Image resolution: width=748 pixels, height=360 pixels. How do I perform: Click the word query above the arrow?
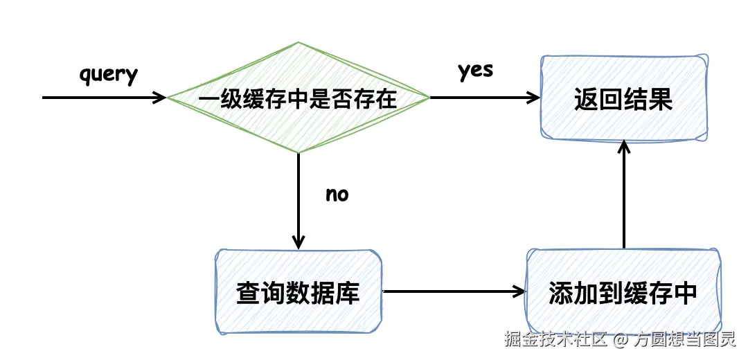tap(109, 74)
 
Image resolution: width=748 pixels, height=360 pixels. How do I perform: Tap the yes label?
tap(475, 71)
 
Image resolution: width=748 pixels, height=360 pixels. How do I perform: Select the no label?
tap(337, 195)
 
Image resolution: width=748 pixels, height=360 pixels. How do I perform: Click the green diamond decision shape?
tap(298, 128)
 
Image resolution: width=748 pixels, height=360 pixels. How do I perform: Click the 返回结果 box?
tap(623, 98)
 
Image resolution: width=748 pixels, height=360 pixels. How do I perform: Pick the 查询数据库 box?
tap(298, 292)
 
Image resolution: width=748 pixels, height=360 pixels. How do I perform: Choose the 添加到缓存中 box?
tap(623, 292)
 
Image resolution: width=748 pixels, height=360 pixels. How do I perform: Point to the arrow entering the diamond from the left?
tap(104, 98)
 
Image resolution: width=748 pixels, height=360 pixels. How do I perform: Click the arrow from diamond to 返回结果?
tap(485, 98)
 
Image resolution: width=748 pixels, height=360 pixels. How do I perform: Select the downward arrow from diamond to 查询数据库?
tap(298, 201)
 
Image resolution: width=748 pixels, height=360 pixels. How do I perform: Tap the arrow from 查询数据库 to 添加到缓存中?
tap(454, 291)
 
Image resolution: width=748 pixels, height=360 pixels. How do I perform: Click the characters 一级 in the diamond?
tap(220, 99)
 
